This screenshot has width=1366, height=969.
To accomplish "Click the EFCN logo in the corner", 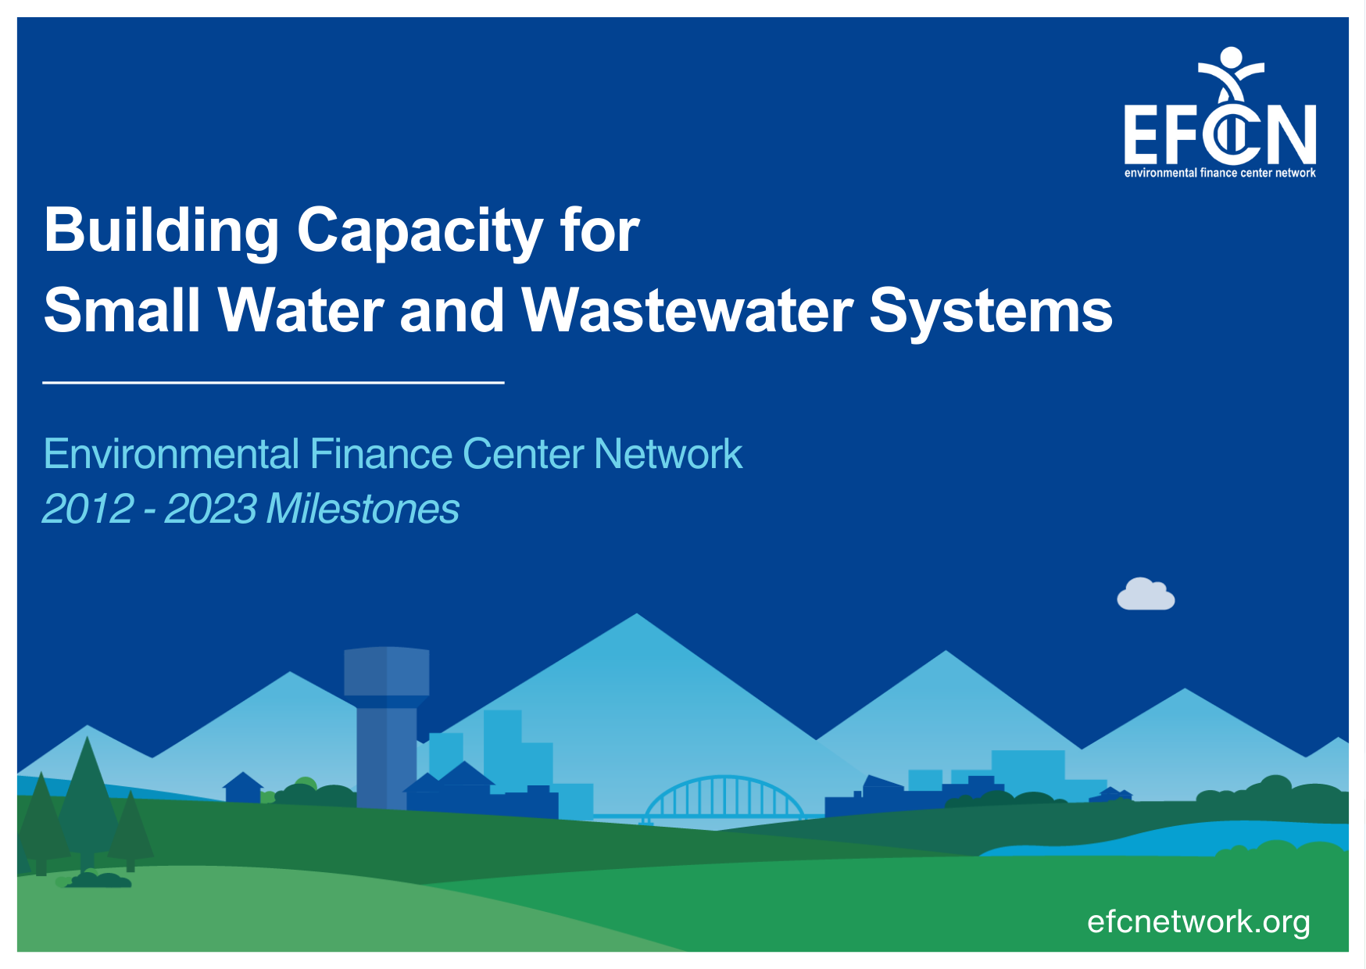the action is point(1220,113).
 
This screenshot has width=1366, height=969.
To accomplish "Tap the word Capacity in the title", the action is point(420,232).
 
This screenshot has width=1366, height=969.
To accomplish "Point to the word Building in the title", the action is point(162,231).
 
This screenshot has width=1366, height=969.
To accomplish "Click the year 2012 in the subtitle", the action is point(88,509).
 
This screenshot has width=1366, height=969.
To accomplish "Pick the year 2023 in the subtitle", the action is point(211,509).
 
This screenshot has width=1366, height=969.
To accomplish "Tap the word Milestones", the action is point(363,509).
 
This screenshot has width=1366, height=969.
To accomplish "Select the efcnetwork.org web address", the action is point(1199,923).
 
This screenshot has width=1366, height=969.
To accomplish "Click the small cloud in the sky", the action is point(1146,594).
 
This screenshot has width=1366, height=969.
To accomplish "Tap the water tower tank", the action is point(387,671).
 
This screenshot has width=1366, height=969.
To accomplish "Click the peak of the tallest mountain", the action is point(637,614).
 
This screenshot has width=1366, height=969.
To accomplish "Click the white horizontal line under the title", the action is point(274,382).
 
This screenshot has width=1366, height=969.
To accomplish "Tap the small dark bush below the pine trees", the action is point(100,881).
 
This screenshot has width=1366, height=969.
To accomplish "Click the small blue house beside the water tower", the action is point(243,787).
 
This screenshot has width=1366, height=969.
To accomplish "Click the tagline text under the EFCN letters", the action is point(1220,173).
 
